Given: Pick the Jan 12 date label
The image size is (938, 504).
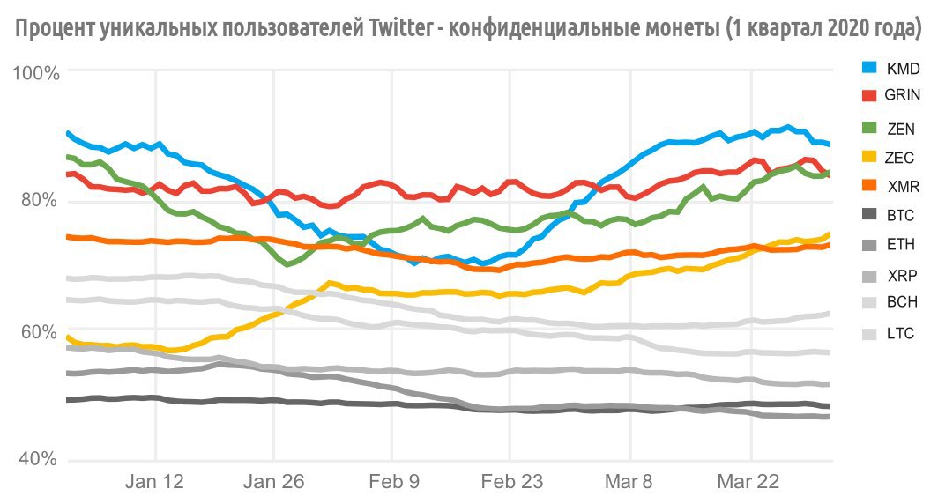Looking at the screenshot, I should (x=155, y=482).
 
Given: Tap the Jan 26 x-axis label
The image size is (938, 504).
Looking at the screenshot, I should (x=273, y=482).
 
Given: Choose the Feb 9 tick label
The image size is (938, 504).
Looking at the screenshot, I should (x=391, y=482).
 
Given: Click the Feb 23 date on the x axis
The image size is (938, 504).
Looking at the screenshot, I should (x=510, y=482).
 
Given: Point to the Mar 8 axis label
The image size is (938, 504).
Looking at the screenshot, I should (x=630, y=482).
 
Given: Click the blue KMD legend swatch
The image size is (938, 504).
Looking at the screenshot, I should (x=869, y=68).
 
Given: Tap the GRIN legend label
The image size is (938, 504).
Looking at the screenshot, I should (x=903, y=95).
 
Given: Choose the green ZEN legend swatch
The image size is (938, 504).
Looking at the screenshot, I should (x=869, y=129).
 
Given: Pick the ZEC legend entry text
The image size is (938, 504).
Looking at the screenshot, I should (x=900, y=158).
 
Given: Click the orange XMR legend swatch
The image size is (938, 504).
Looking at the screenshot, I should (x=869, y=187).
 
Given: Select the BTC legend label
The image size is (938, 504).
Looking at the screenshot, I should (x=900, y=215).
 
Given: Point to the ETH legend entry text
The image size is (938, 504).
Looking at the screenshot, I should (x=900, y=244).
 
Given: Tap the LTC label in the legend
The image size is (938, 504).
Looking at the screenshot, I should (x=900, y=334).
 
